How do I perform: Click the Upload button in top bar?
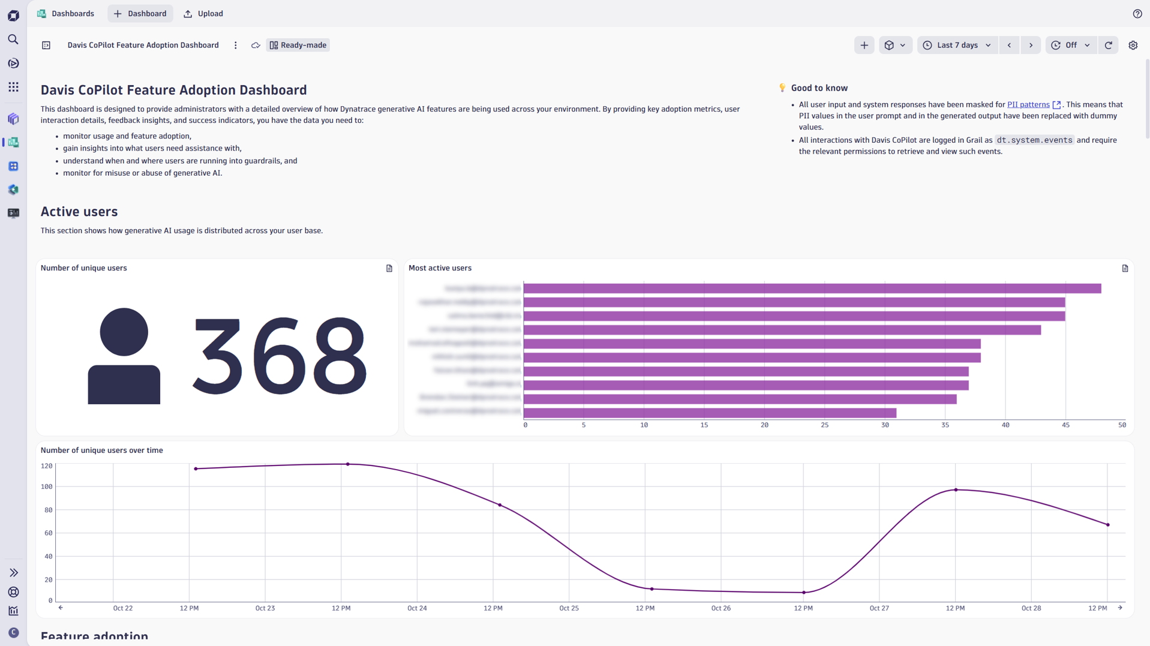tap(203, 13)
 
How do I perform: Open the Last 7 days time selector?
tap(957, 45)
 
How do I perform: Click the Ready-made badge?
tap(298, 45)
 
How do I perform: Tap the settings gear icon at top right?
tap(1133, 45)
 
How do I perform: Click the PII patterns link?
tap(1028, 104)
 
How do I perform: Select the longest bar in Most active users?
tap(812, 289)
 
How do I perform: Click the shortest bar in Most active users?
tap(710, 413)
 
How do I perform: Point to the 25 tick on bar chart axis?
tap(824, 425)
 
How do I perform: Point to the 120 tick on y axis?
tap(46, 465)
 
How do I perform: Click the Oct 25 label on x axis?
tap(569, 608)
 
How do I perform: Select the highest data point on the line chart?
tap(348, 464)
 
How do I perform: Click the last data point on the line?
tap(1107, 525)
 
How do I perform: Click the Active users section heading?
tap(79, 212)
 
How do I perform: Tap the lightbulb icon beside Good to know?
tap(782, 88)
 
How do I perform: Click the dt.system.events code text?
tap(1034, 140)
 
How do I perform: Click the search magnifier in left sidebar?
tap(13, 40)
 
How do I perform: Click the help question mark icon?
tap(1137, 13)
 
